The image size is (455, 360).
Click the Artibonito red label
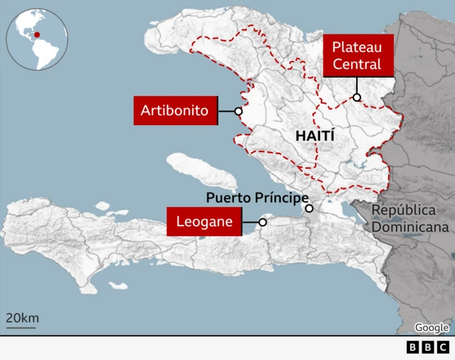coord(174,111)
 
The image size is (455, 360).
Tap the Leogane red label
coord(205,221)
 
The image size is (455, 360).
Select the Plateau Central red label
coord(358,55)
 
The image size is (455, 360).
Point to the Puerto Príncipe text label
coord(257,197)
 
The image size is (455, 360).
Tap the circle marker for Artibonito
coord(239,111)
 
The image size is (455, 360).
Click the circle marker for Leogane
coord(262,222)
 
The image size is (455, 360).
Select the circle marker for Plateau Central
coord(357,97)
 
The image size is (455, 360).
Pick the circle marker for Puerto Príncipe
coord(309,208)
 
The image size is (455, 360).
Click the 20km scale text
coord(22,317)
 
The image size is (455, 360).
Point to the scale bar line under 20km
coord(22,327)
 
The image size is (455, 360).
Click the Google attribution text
coord(432,327)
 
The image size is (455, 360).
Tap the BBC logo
coord(428,347)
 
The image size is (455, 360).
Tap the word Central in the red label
coord(358,64)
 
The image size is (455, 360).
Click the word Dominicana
coord(412,228)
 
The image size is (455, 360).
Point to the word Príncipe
coord(283,197)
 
